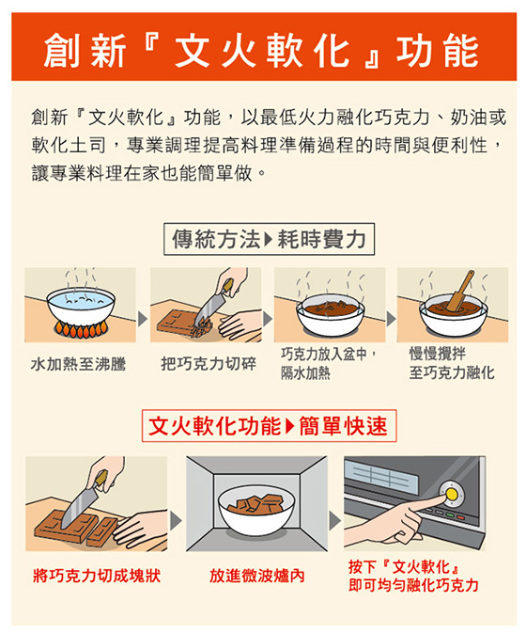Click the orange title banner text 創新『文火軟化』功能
(x=261, y=50)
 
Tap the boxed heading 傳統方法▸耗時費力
(x=269, y=239)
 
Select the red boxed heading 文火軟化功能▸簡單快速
(x=269, y=426)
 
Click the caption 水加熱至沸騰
(x=79, y=364)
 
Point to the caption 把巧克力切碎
(x=209, y=364)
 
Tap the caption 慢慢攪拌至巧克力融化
(x=452, y=363)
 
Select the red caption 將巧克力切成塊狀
(x=97, y=576)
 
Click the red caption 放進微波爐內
(x=256, y=576)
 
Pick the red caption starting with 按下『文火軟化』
(x=413, y=576)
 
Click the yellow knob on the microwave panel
(x=452, y=494)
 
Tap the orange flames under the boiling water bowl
(x=81, y=330)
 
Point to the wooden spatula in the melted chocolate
(x=460, y=291)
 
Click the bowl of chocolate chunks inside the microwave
(x=256, y=511)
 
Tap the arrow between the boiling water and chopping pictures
(x=142, y=319)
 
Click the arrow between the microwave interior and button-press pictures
(x=334, y=521)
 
